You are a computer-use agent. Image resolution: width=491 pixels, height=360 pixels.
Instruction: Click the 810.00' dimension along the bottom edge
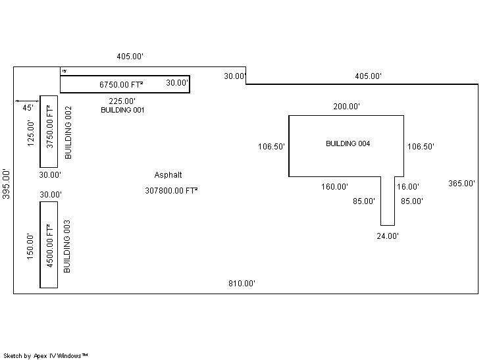tap(242, 284)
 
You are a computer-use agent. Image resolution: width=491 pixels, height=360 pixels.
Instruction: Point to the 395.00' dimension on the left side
tap(6, 184)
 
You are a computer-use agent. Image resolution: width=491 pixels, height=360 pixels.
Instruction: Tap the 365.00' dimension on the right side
tap(461, 184)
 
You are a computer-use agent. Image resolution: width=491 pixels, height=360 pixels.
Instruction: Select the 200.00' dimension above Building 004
tap(346, 107)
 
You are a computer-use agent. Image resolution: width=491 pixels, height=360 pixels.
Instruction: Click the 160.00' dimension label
tap(334, 187)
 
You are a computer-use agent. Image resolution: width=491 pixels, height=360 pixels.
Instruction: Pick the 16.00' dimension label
tap(408, 187)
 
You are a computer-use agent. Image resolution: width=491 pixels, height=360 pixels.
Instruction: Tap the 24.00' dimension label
tap(387, 236)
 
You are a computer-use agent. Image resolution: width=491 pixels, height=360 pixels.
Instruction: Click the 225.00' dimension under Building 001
tap(122, 101)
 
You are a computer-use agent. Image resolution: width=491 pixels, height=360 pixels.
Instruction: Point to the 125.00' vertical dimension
tap(30, 133)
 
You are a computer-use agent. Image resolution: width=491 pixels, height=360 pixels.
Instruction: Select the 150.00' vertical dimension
tap(30, 247)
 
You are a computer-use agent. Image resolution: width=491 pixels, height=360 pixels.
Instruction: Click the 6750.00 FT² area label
tap(121, 84)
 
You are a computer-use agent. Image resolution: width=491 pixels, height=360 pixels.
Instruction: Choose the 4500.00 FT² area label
tap(49, 244)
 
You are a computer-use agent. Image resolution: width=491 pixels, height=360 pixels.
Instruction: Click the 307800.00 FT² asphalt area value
tap(171, 191)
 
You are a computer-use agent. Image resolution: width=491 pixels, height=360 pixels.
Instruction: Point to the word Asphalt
tap(168, 175)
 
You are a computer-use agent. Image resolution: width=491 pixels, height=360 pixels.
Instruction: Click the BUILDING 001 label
tap(122, 111)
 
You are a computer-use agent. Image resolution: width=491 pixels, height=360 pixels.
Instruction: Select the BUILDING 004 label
tap(348, 143)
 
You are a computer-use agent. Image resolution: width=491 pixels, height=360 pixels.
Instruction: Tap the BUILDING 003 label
tap(66, 247)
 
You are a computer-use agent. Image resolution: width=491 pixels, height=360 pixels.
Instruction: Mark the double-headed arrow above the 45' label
tap(26, 101)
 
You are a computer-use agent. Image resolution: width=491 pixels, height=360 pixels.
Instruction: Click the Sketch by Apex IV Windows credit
tap(46, 355)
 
